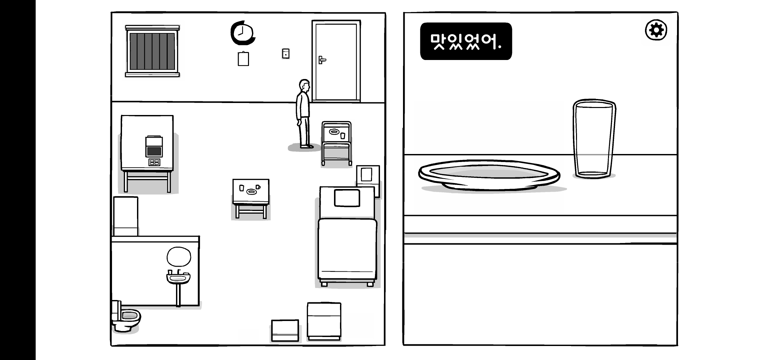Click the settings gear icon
pyautogui.click(x=656, y=30)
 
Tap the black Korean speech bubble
pyautogui.click(x=466, y=41)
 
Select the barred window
pyautogui.click(x=152, y=51)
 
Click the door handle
pyautogui.click(x=321, y=60)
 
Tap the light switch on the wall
pyautogui.click(x=286, y=54)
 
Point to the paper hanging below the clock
pyautogui.click(x=243, y=59)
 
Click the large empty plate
pyautogui.click(x=489, y=175)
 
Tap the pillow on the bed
pyautogui.click(x=347, y=198)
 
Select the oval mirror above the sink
pyautogui.click(x=179, y=257)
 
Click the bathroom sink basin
pyautogui.click(x=178, y=278)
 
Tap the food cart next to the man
pyautogui.click(x=336, y=143)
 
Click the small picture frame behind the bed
pyautogui.click(x=367, y=175)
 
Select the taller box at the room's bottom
pyautogui.click(x=324, y=320)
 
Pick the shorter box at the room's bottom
pyautogui.click(x=285, y=330)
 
